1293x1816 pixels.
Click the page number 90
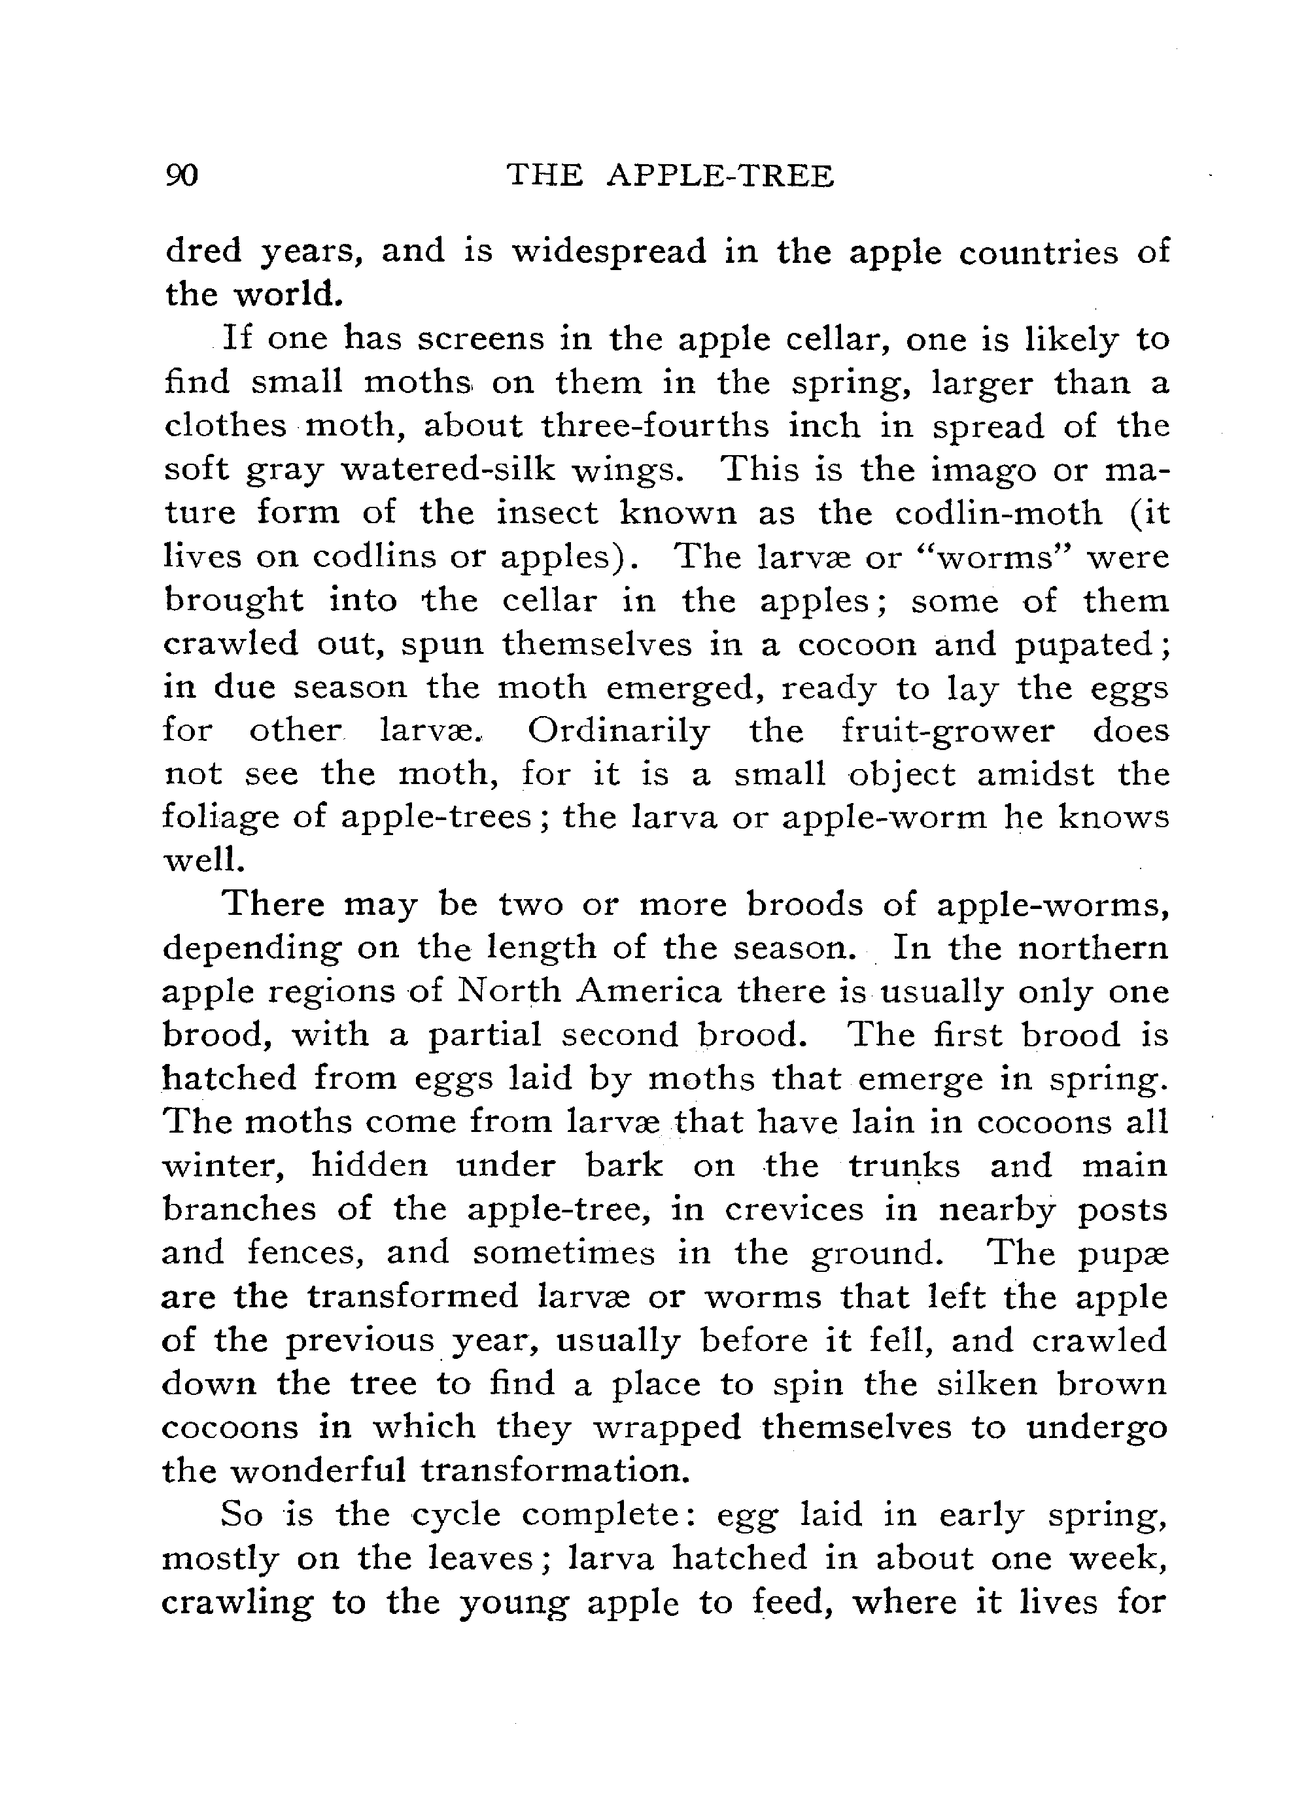[x=182, y=175]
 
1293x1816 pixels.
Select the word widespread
[x=608, y=252]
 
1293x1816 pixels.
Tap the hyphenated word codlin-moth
[x=999, y=513]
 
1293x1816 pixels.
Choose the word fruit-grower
[x=948, y=730]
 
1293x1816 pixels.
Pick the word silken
[x=988, y=1383]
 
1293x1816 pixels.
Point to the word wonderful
[x=319, y=1469]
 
